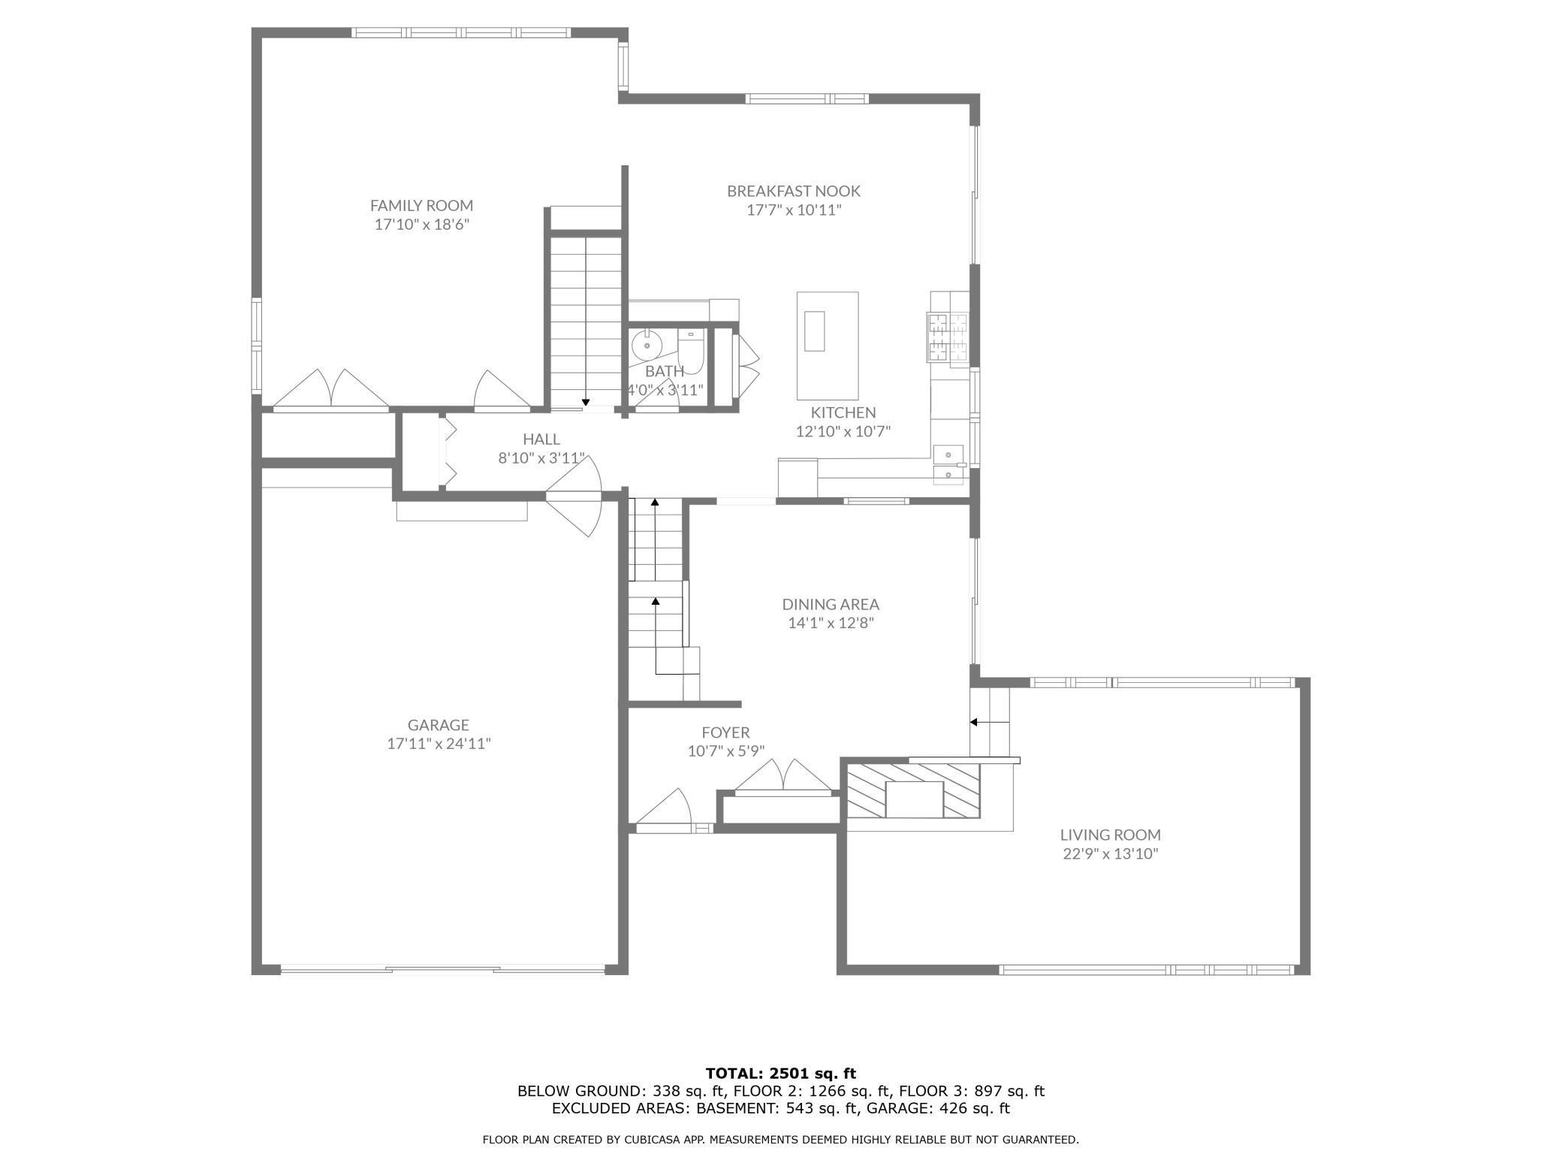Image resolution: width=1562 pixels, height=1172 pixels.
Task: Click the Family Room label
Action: (x=421, y=205)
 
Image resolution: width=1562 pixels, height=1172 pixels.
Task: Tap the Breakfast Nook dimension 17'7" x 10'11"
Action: (x=793, y=210)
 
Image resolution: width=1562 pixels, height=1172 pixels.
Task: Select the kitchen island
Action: (x=827, y=346)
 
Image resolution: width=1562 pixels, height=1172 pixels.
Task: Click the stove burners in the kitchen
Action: (x=948, y=336)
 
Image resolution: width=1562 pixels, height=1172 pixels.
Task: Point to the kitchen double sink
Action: (x=949, y=465)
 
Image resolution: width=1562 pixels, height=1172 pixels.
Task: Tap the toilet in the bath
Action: (x=690, y=353)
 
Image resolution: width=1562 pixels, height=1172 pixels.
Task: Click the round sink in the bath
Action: (x=645, y=346)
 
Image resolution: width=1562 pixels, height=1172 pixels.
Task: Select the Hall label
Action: (x=541, y=439)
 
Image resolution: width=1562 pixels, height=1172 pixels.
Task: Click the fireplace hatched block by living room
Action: (x=913, y=789)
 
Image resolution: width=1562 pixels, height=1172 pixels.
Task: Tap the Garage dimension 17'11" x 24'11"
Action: (x=439, y=745)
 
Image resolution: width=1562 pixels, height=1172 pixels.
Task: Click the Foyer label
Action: (x=725, y=732)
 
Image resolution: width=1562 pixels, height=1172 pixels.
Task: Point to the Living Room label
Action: (x=1110, y=835)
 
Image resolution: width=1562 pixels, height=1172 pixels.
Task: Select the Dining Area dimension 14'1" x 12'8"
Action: (x=831, y=624)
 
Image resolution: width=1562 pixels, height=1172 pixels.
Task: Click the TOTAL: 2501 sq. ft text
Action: (x=780, y=1074)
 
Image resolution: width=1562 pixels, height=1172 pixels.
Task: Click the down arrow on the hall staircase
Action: (x=586, y=403)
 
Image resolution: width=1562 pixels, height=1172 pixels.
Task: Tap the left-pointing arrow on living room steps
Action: (x=974, y=722)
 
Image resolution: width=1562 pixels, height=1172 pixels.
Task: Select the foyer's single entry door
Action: (x=665, y=810)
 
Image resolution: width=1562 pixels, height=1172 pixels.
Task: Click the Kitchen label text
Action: (x=843, y=412)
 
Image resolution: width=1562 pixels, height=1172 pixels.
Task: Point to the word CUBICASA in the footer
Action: (x=651, y=1140)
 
